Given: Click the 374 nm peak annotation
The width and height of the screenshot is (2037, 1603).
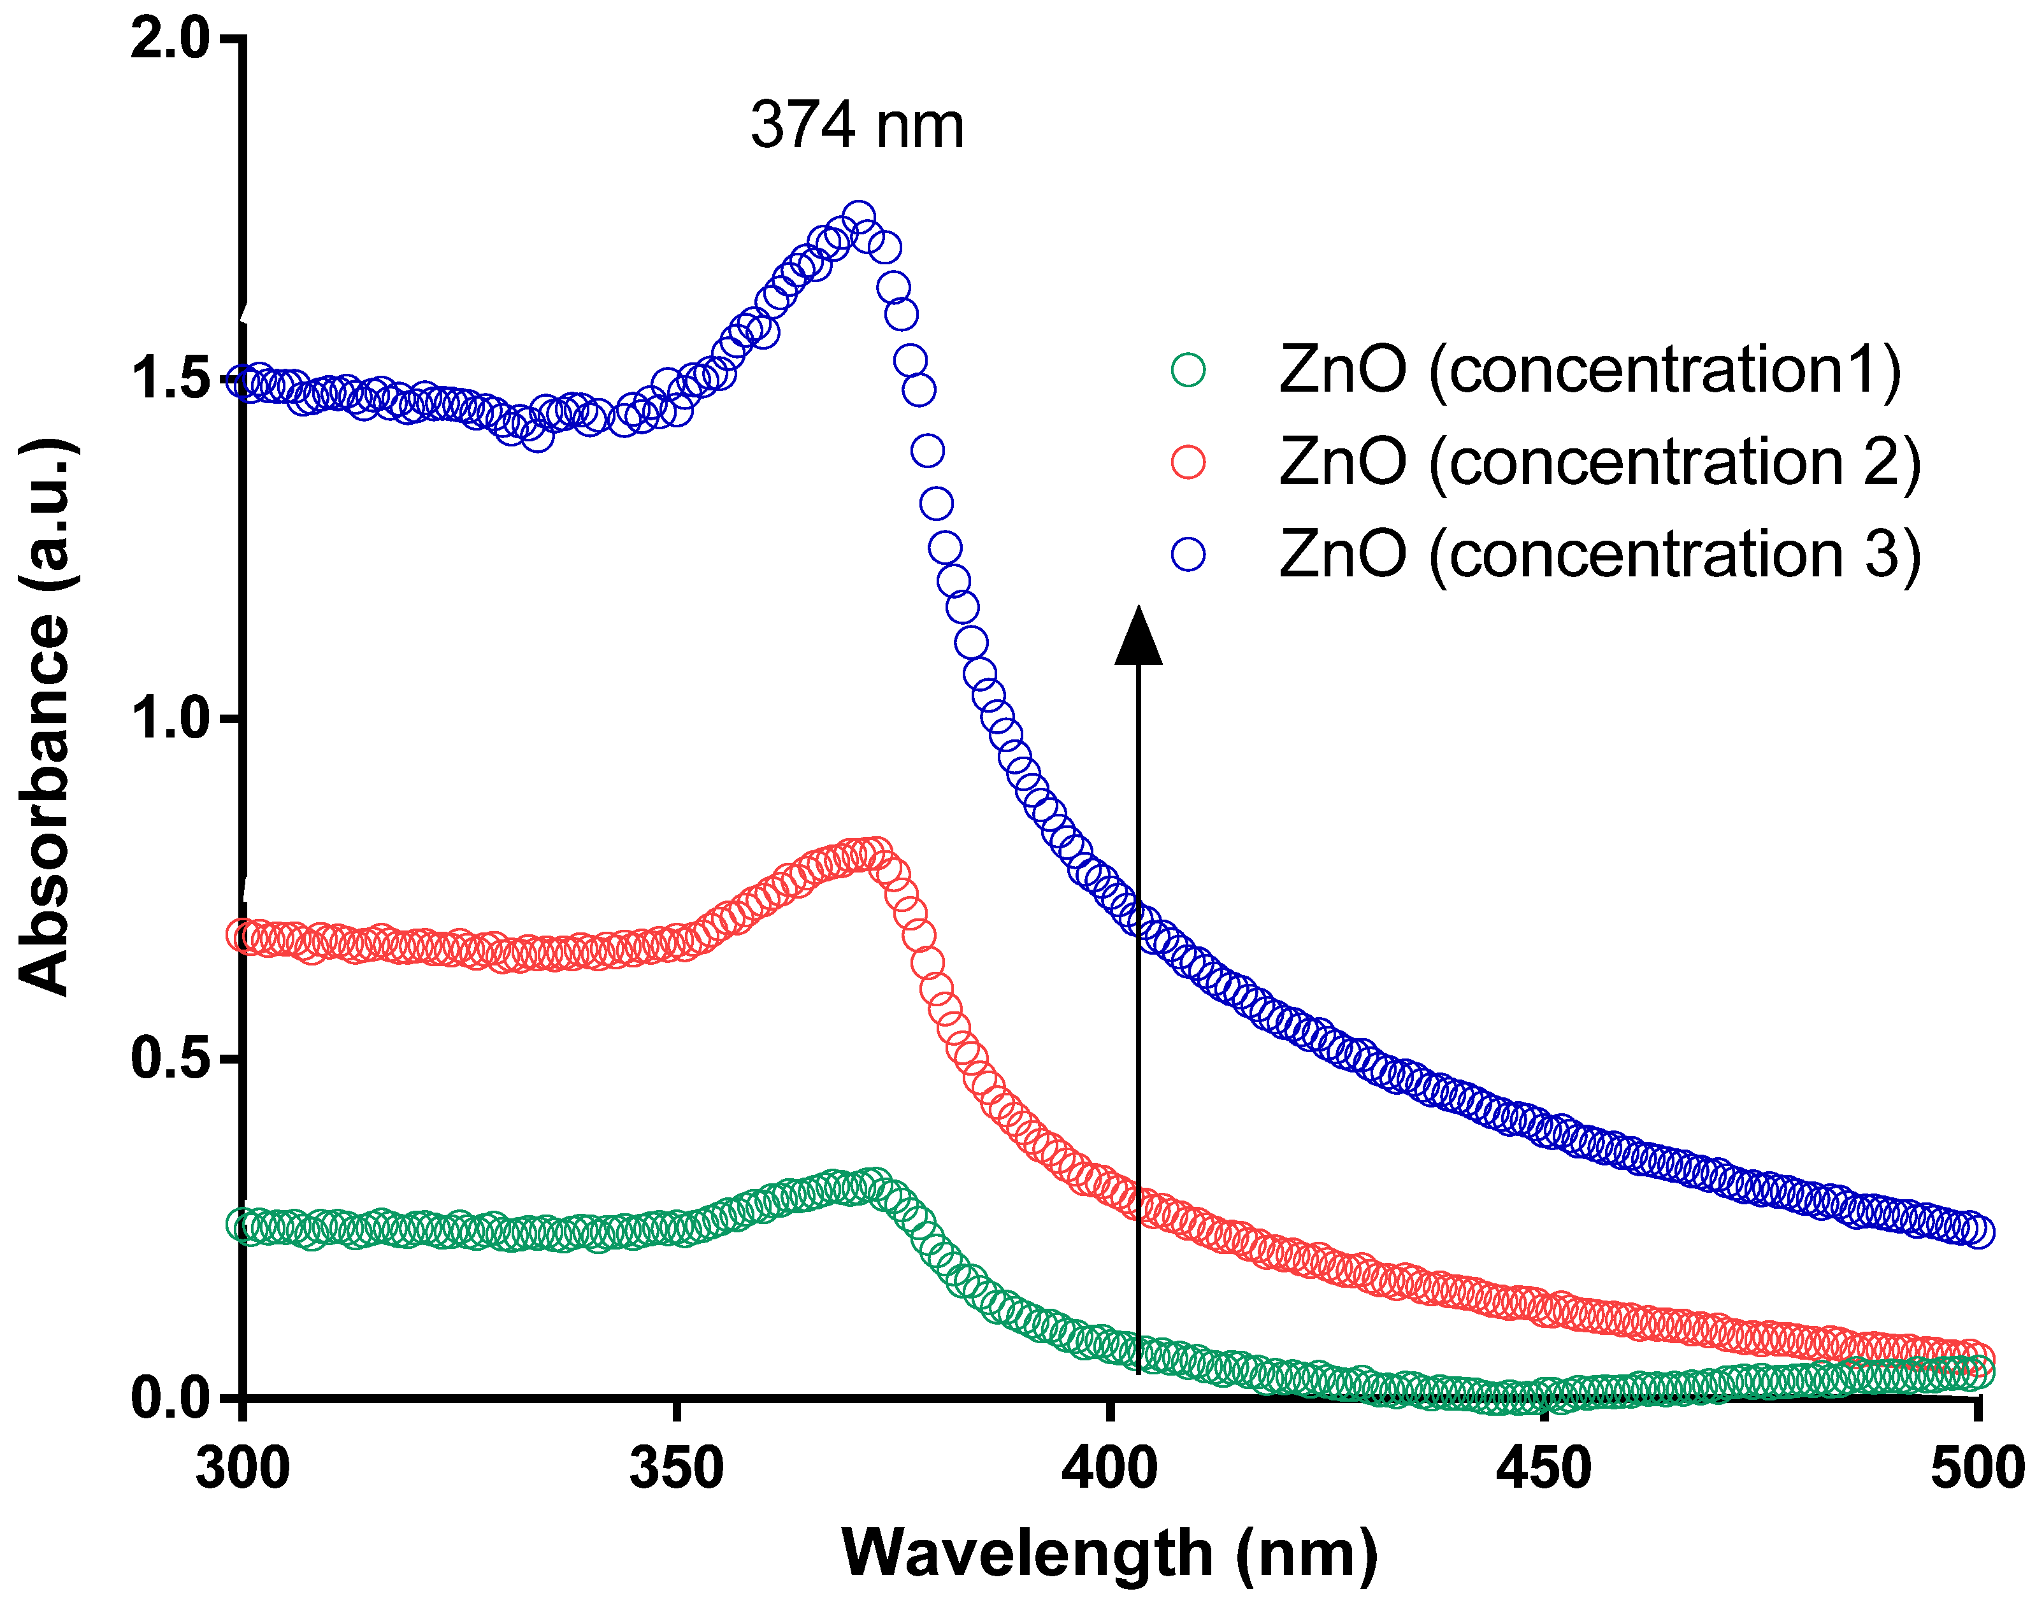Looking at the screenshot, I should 856,125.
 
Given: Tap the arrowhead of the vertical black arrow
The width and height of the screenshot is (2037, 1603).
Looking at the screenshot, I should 1138,638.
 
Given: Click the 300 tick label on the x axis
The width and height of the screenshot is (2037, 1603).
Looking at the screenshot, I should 242,1469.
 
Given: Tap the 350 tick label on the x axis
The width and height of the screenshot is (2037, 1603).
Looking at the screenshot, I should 676,1469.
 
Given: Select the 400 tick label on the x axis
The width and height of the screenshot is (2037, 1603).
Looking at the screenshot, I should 1109,1469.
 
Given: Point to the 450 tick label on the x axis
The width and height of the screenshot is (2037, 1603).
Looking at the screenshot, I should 1543,1469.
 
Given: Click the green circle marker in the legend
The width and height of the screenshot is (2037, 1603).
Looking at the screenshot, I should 1188,370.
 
